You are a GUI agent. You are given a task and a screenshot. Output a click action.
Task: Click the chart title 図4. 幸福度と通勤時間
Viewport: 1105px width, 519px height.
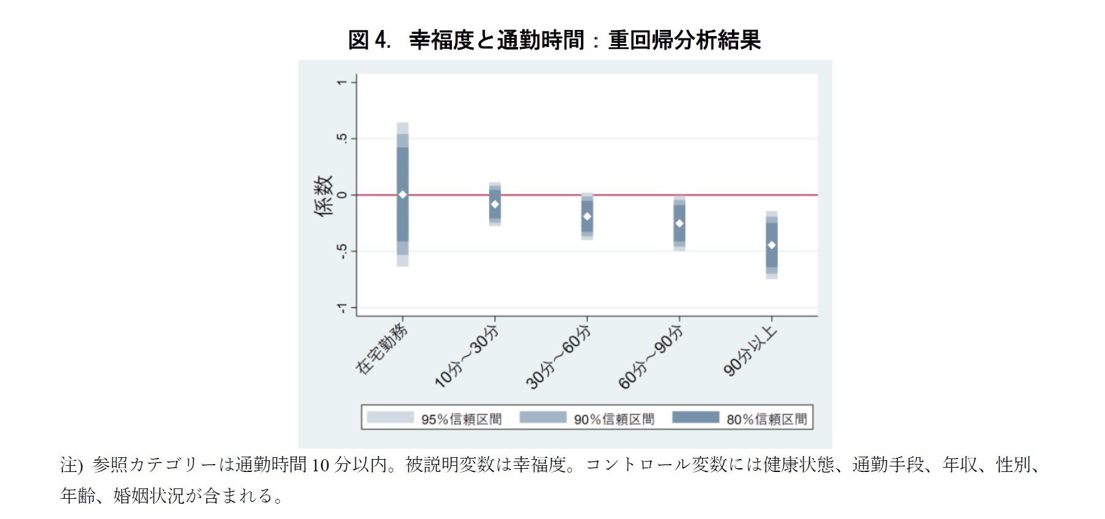click(554, 40)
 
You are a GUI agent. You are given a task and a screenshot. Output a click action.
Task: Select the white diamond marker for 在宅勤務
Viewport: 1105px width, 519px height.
click(402, 194)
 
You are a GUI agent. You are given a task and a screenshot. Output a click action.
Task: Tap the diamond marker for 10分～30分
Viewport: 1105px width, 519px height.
click(495, 204)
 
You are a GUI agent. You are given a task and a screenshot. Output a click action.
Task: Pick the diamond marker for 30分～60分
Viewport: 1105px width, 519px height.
click(587, 216)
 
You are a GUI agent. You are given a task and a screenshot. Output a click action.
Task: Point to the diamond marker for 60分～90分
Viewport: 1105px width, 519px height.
click(679, 224)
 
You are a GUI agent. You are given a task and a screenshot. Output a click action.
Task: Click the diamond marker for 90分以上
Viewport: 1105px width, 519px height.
click(772, 245)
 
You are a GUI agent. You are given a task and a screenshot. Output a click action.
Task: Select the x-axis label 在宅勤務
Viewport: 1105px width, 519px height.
click(382, 349)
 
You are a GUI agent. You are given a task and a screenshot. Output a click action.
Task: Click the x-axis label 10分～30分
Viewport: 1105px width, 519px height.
click(467, 357)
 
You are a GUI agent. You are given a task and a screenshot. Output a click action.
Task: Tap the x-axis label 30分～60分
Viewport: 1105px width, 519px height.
click(559, 358)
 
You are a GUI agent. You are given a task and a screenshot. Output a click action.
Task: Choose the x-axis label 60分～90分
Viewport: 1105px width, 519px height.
click(651, 358)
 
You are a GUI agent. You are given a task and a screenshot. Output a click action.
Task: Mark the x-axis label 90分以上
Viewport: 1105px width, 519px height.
click(750, 351)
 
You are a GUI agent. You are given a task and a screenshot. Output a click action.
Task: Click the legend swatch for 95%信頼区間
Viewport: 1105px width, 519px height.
click(390, 418)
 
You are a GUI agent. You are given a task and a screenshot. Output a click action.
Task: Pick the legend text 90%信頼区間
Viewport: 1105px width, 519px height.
click(614, 419)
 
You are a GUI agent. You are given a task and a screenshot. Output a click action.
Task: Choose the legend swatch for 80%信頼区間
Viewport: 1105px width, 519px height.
click(695, 418)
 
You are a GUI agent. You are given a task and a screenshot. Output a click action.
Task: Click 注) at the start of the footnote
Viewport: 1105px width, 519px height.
click(71, 465)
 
